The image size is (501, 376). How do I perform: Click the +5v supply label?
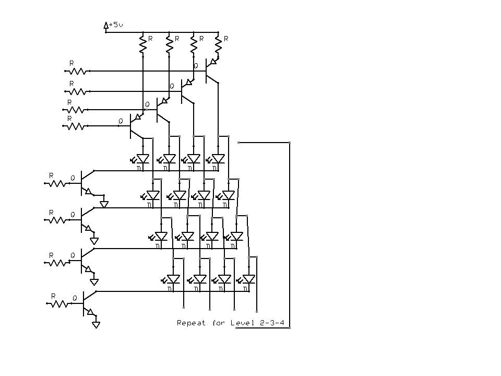[x=116, y=25]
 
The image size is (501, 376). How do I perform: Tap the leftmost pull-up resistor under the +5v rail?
[x=142, y=44]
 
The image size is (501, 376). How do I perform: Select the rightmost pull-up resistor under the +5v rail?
[x=218, y=44]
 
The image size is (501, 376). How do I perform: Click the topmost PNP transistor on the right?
[x=210, y=70]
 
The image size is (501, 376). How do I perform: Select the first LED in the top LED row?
[x=142, y=158]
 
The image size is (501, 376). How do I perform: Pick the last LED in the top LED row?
[x=218, y=158]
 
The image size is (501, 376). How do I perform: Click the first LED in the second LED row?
[x=152, y=195]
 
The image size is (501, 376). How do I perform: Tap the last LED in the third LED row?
[x=236, y=236]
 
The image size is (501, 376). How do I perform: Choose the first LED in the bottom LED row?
[x=173, y=279]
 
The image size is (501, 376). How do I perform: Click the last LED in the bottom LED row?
[x=248, y=279]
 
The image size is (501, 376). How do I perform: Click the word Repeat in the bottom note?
[x=191, y=323]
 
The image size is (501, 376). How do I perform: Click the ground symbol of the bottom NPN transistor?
[x=96, y=324]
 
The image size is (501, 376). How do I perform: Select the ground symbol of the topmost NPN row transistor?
[x=104, y=204]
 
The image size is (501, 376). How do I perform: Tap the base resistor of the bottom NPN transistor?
[x=59, y=303]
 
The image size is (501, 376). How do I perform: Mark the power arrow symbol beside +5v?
[x=106, y=25]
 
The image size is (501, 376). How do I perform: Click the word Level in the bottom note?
[x=240, y=323]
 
